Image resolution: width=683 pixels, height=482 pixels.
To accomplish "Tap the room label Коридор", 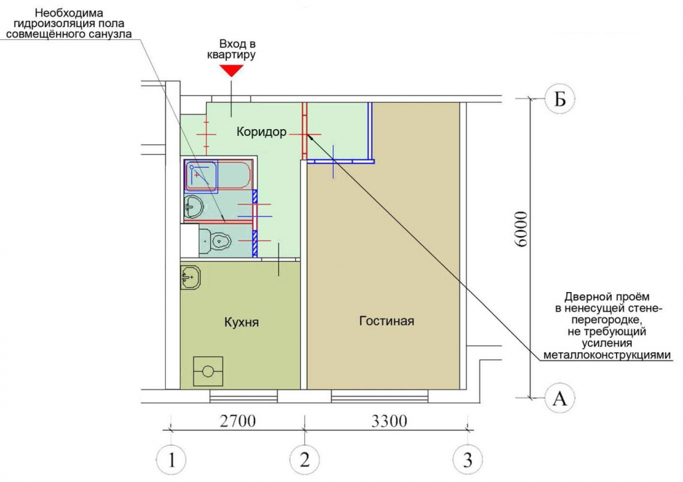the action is [x=261, y=131].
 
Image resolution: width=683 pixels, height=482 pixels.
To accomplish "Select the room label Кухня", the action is [x=241, y=322].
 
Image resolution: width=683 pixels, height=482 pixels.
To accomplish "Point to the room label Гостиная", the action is [x=386, y=321].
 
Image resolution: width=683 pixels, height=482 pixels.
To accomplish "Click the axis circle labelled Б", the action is [x=560, y=99].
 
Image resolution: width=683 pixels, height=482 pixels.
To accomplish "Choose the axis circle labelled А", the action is [x=560, y=398].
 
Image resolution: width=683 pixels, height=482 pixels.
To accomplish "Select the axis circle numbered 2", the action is [x=305, y=459].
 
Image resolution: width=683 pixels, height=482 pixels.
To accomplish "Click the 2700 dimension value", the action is [x=237, y=421].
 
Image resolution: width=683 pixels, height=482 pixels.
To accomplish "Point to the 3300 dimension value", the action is [x=389, y=421].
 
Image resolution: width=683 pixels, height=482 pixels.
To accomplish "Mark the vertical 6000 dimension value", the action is [x=520, y=229].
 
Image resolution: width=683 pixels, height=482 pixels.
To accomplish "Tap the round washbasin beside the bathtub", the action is [x=194, y=207].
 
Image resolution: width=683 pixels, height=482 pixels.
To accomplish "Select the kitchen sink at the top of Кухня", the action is [x=190, y=277].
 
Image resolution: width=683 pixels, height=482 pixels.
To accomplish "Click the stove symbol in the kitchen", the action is [x=208, y=372].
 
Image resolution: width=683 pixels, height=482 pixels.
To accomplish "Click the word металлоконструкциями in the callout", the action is [x=607, y=354].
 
